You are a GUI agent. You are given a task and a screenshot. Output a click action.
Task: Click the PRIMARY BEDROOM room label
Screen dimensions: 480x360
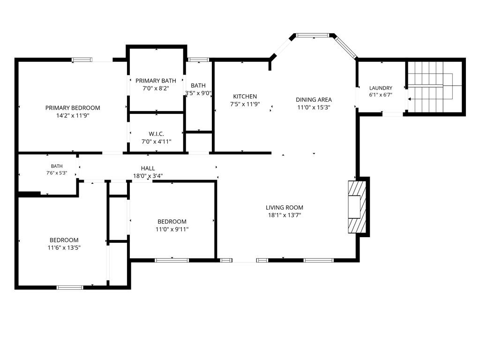(73, 108)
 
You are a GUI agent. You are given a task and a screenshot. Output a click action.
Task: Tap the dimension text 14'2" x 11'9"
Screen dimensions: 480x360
(73, 116)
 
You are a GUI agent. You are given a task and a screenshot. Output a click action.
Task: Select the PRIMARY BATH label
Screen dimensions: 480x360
(156, 81)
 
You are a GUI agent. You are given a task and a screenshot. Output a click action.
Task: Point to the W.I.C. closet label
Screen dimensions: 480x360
(157, 134)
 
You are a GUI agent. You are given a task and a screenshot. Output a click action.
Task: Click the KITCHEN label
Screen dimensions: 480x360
(245, 97)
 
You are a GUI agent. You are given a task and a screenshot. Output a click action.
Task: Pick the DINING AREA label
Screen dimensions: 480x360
(314, 99)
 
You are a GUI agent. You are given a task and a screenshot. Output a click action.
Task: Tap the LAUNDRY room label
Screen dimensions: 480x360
(381, 88)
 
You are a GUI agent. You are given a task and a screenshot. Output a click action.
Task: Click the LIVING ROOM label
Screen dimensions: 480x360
(285, 208)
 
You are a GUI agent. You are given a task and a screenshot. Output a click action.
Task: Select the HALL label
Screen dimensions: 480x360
(148, 168)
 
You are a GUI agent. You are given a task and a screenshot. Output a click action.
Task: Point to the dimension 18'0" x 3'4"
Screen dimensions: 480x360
(148, 176)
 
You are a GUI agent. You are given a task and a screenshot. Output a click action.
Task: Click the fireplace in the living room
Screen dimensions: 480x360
(357, 207)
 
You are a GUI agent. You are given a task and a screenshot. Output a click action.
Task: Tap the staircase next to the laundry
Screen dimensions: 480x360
(434, 87)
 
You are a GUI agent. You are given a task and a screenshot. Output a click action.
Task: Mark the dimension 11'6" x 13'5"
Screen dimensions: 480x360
(64, 247)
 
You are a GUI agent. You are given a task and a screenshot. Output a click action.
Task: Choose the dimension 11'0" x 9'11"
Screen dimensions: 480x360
(172, 229)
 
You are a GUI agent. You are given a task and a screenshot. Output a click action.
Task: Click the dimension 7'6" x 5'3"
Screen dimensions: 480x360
(57, 173)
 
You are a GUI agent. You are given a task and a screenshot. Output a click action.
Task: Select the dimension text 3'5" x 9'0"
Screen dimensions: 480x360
(198, 93)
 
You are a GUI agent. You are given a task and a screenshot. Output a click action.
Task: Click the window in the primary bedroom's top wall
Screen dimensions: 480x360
(82, 60)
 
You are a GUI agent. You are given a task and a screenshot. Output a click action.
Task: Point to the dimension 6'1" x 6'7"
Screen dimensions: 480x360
(381, 95)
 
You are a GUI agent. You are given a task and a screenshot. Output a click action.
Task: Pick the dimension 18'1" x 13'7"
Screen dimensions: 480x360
(285, 215)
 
